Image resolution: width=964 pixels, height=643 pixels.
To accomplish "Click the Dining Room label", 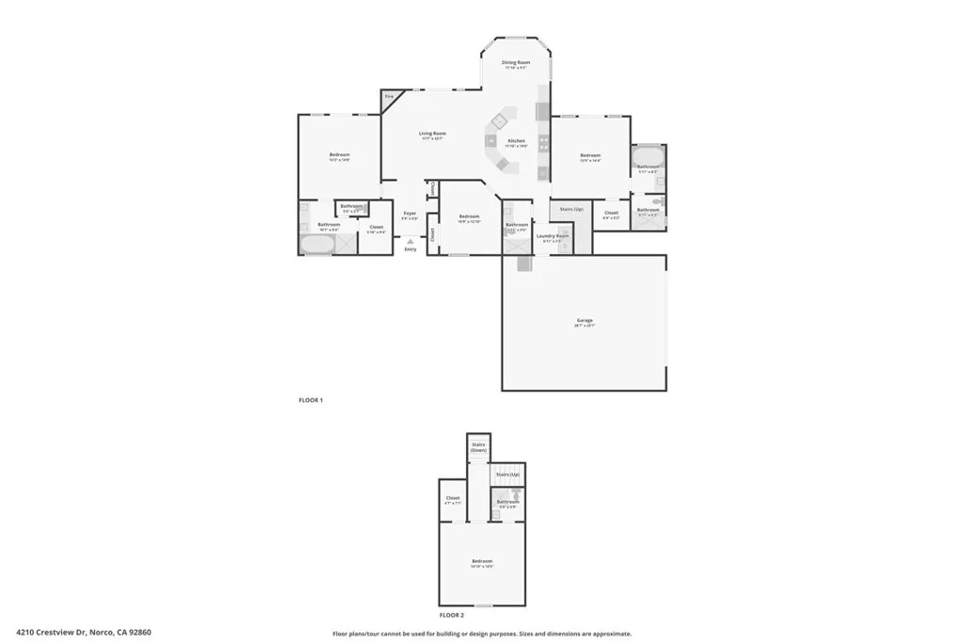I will [516, 63].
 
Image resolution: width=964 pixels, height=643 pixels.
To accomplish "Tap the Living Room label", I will [432, 134].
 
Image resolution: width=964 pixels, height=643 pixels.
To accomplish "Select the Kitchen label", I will [516, 141].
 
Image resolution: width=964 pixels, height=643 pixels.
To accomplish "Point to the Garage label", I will [585, 321].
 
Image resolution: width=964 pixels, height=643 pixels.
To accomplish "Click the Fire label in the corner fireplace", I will [389, 97].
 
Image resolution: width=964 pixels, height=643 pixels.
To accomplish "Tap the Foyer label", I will [410, 214].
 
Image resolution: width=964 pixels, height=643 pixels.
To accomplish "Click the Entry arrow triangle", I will [410, 241].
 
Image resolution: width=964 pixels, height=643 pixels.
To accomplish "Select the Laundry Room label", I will [553, 235].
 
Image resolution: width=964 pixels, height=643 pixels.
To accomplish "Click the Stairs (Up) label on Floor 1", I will [571, 209].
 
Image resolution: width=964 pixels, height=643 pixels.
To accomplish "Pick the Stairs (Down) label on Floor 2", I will [478, 447].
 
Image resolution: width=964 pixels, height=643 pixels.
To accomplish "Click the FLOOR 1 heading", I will [311, 400].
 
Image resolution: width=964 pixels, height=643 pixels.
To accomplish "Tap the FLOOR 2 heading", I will [452, 614].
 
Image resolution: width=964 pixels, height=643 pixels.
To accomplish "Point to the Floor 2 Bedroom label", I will [482, 561].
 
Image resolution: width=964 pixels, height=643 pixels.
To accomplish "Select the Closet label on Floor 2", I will [452, 498].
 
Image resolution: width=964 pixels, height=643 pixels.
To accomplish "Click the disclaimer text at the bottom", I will [481, 634].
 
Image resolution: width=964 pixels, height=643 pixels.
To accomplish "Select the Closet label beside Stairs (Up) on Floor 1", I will [611, 213].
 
